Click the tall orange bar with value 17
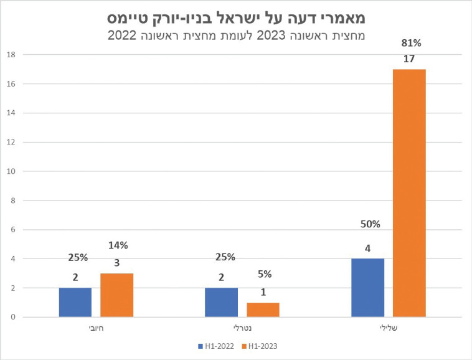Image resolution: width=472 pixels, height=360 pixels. [409, 193]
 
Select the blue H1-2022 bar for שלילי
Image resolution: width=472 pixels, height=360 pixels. [367, 288]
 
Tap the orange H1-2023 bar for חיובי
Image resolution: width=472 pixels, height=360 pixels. [116, 295]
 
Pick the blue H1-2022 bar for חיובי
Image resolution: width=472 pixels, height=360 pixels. [75, 302]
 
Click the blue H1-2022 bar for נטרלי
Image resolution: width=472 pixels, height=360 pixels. [221, 302]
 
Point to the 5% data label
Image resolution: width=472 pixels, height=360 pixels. [264, 274]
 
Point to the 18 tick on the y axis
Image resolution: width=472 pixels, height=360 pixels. [11, 54]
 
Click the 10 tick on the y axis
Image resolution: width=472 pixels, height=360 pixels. [11, 171]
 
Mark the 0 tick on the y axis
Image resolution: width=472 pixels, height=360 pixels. [12, 317]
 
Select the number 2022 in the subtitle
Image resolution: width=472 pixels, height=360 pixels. [124, 36]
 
